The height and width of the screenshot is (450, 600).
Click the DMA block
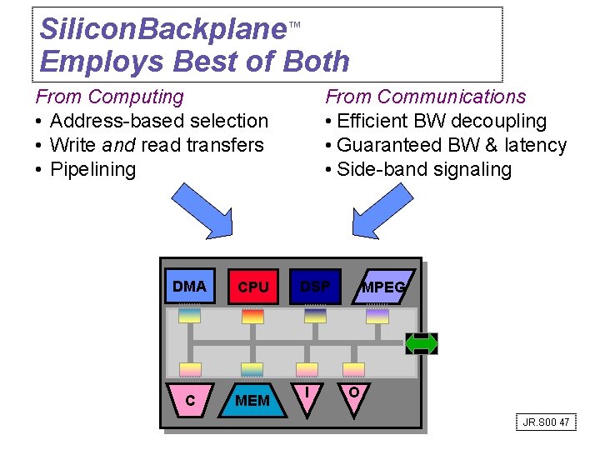tap(190, 287)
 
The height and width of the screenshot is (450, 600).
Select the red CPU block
tap(252, 287)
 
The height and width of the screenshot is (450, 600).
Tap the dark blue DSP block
tap(315, 287)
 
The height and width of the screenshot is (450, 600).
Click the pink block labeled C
tap(190, 400)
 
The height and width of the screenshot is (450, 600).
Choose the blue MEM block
tap(252, 400)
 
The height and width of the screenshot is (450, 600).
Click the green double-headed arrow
tap(421, 343)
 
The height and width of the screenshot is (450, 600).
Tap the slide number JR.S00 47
tap(546, 422)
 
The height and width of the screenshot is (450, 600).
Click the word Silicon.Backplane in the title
tap(163, 30)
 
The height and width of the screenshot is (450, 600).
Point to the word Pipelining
tap(92, 169)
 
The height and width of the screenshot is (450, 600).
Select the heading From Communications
tap(425, 97)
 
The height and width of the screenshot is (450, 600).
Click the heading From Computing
tap(109, 97)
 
